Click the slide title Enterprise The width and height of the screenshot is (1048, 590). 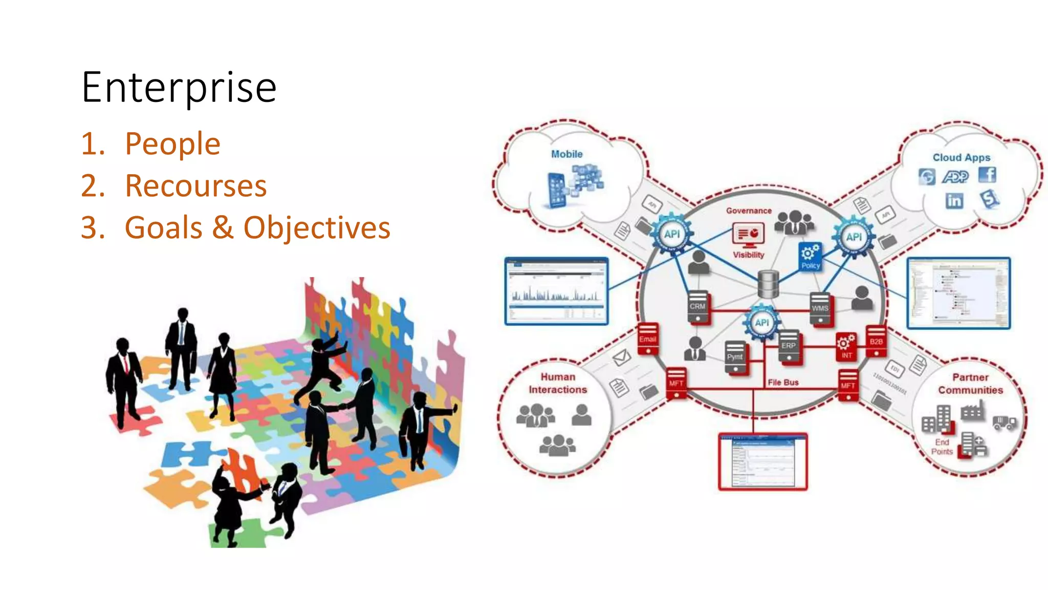[x=179, y=88]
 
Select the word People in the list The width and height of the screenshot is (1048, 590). [x=172, y=143]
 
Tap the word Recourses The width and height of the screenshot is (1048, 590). [x=195, y=185]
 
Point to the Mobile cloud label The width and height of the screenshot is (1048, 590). [x=566, y=154]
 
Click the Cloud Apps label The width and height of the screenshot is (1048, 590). [x=961, y=158]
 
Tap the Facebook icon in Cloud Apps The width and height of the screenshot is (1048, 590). [x=987, y=175]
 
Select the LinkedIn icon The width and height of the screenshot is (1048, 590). [x=954, y=201]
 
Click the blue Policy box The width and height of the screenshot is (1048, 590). [x=810, y=257]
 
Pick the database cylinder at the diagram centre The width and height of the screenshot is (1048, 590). [x=768, y=284]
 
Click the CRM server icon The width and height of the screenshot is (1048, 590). [x=697, y=307]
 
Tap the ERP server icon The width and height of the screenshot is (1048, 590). [x=789, y=347]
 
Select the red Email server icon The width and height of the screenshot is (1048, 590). [x=647, y=340]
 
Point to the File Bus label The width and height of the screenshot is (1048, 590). [x=783, y=383]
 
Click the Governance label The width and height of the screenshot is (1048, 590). [x=749, y=211]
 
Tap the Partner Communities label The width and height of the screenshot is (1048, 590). [x=970, y=384]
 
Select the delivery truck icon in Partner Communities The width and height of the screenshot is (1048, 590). [x=1005, y=422]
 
